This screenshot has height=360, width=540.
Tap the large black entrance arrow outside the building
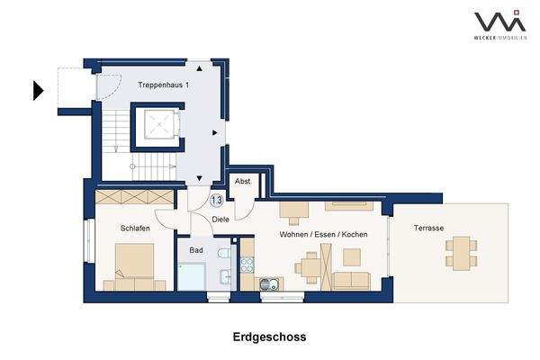(39, 90)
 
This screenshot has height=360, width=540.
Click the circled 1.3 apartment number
(217, 202)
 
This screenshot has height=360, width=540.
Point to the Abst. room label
(243, 180)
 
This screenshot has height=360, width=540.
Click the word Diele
(220, 219)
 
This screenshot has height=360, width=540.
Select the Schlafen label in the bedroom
(134, 229)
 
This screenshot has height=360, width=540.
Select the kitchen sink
(268, 285)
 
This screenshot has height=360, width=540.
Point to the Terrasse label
(428, 229)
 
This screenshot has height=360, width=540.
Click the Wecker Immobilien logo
(499, 24)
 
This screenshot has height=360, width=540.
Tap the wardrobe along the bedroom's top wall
(134, 197)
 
